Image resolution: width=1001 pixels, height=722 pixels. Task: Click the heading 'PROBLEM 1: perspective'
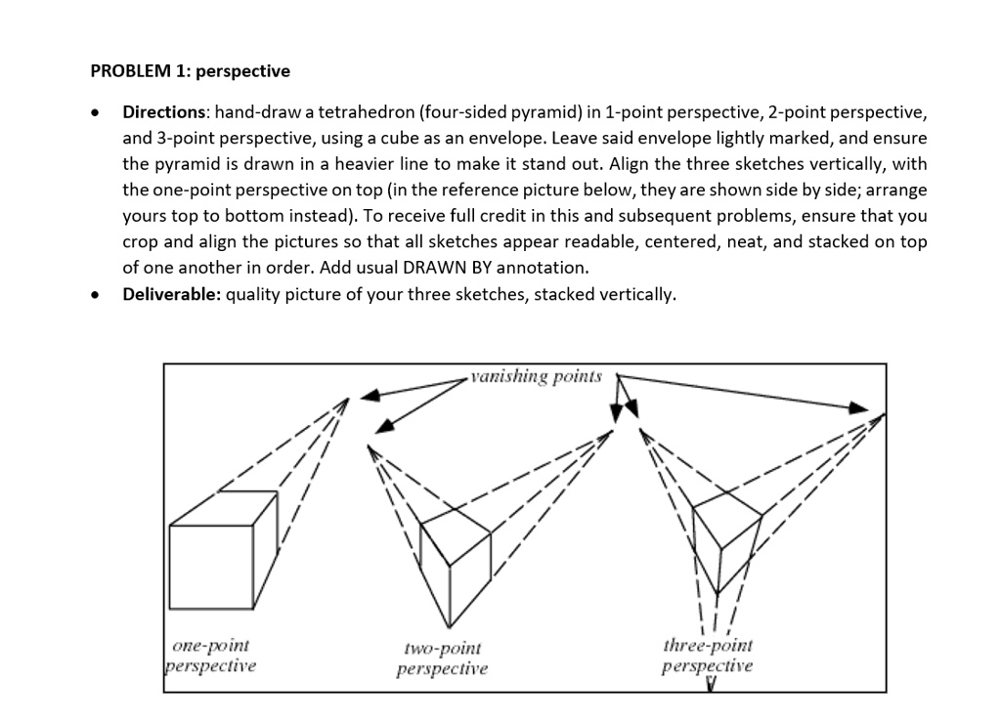point(190,71)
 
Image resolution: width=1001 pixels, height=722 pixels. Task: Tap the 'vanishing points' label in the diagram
point(536,377)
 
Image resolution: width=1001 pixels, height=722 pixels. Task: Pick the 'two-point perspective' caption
point(442,658)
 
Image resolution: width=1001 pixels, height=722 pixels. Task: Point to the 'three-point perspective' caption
point(708,656)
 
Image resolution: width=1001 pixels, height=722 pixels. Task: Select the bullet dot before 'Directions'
point(95,114)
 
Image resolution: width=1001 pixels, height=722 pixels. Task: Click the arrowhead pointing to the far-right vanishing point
point(858,408)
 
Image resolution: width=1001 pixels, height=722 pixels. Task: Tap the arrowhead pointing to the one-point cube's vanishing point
point(370,396)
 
